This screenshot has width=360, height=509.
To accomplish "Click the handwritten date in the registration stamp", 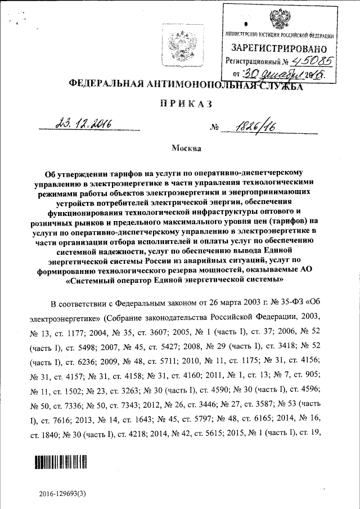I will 281,74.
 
